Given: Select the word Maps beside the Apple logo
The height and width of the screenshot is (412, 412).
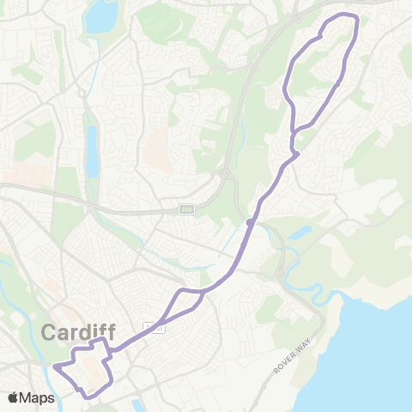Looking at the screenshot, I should click(38, 397).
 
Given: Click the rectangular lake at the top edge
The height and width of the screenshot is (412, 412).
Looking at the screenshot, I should click(102, 15).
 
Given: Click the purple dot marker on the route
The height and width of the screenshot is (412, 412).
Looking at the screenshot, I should click(249, 222).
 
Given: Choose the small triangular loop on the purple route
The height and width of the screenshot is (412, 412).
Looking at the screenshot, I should click(187, 300).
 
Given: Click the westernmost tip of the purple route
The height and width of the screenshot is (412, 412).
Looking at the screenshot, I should click(54, 367).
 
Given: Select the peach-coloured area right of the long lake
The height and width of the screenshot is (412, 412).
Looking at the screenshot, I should click(157, 151).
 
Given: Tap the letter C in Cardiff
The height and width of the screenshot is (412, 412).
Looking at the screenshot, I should click(50, 331).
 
